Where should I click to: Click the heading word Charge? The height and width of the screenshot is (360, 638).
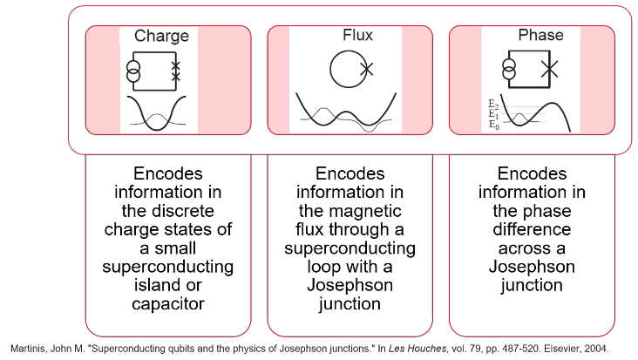pyautogui.click(x=161, y=36)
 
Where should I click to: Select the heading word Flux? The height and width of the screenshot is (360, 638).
pyautogui.click(x=357, y=36)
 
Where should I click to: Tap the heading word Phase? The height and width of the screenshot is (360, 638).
pyautogui.click(x=540, y=36)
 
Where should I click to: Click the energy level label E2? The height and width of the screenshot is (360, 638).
pyautogui.click(x=493, y=103)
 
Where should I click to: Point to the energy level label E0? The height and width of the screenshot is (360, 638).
pyautogui.click(x=493, y=126)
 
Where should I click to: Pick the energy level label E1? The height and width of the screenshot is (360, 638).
pyautogui.click(x=493, y=114)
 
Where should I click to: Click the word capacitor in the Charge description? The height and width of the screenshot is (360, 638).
pyautogui.click(x=168, y=302)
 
